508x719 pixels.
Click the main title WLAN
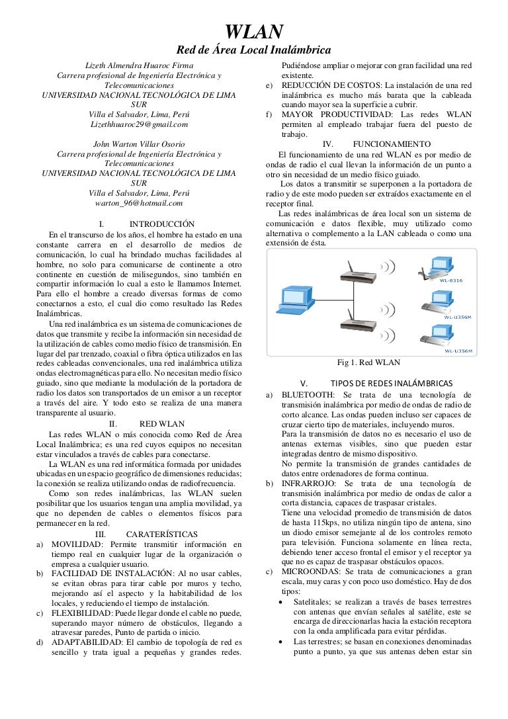(255, 30)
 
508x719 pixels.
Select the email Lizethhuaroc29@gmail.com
(139, 124)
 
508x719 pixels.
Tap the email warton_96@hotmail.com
(139, 203)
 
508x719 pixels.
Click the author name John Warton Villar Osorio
(139, 144)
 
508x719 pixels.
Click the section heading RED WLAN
(162, 423)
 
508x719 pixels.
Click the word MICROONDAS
(311, 571)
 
